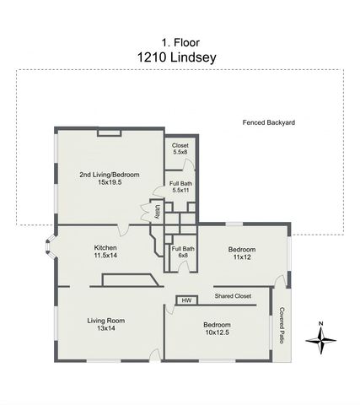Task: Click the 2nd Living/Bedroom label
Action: point(110,175)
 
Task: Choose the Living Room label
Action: point(106,320)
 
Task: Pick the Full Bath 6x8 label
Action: point(183,251)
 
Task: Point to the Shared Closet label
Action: point(233,296)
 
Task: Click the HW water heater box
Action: point(186,300)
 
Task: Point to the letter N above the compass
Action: point(320,323)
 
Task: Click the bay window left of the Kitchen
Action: point(51,249)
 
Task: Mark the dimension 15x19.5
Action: point(110,182)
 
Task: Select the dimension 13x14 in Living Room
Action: point(106,328)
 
